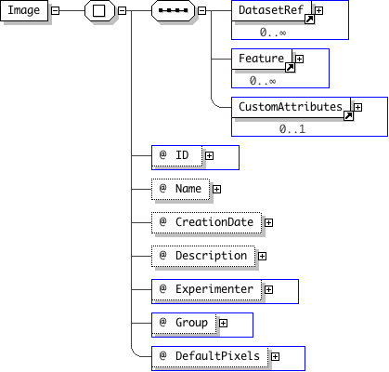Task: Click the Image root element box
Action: pos(24,10)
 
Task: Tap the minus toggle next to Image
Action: pos(55,10)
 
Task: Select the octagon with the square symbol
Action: pos(99,10)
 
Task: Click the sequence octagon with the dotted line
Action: pos(174,10)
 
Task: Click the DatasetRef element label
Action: pos(271,10)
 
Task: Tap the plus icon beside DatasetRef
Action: pos(318,10)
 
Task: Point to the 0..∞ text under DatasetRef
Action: pos(273,33)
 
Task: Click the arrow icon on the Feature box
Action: pos(290,68)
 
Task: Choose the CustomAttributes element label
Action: pos(291,107)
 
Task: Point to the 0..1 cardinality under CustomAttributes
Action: pos(292,129)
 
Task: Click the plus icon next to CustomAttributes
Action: pos(357,107)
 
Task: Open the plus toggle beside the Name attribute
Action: pos(216,189)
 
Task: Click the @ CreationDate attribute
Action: pos(206,222)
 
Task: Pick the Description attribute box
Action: pos(203,256)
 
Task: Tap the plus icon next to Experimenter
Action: pos(268,289)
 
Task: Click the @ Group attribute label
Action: pos(184,323)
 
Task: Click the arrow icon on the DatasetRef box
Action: pos(309,20)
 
